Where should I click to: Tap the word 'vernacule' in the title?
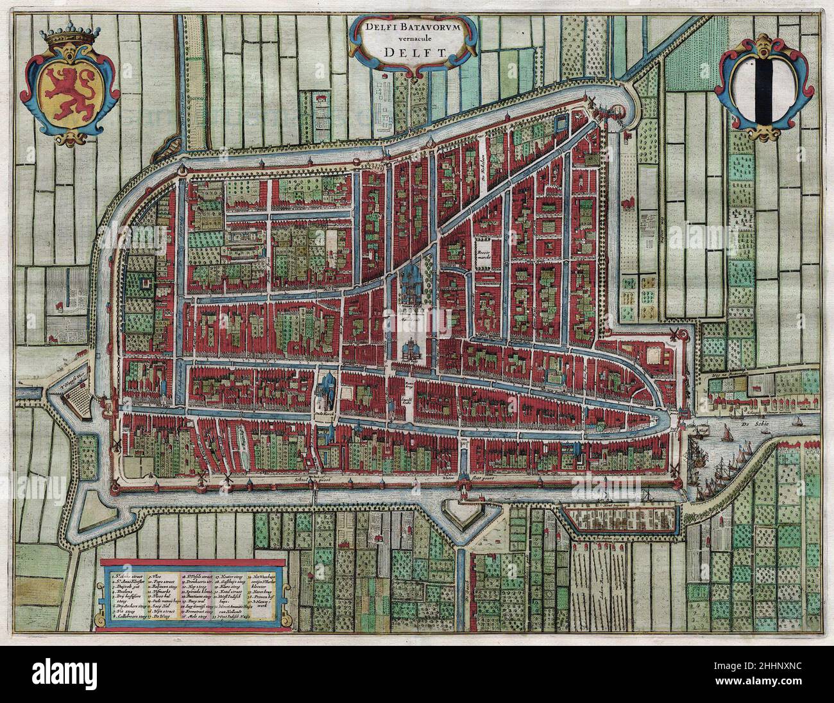[411, 40]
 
